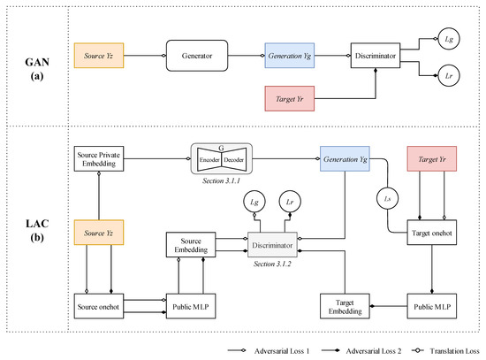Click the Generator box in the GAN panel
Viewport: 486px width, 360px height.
tap(195, 56)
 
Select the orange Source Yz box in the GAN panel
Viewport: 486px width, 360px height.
tap(102, 56)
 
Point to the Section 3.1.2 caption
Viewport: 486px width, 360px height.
tap(274, 264)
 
